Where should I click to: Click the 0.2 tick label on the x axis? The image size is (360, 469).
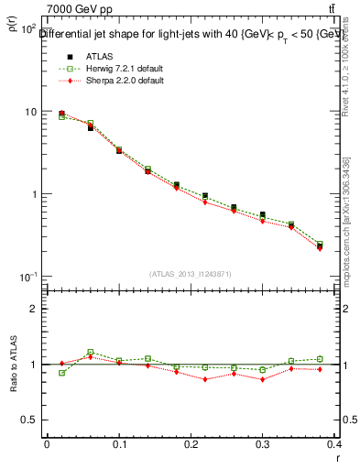click(x=191, y=445)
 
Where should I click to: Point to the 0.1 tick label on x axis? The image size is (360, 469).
click(x=119, y=445)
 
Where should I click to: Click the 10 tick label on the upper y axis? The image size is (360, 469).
click(x=31, y=112)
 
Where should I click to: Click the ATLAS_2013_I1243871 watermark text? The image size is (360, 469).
click(x=191, y=274)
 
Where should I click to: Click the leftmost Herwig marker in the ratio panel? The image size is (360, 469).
click(x=61, y=373)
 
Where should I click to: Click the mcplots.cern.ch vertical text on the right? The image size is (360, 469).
click(x=349, y=229)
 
